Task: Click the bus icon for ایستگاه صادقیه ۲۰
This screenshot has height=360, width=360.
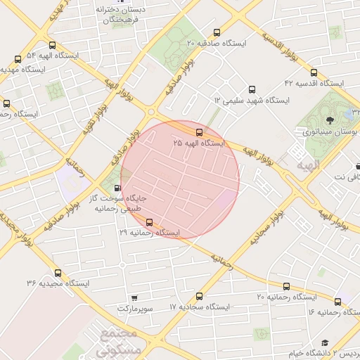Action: (216, 32)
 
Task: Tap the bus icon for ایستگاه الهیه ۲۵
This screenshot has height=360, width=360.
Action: (199, 131)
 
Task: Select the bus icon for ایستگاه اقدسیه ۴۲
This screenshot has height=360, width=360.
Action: (314, 72)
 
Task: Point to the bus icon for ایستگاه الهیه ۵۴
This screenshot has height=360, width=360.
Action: (18, 59)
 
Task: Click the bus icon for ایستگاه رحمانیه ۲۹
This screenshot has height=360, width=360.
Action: (148, 222)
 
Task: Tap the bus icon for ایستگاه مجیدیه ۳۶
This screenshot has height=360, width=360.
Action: (58, 273)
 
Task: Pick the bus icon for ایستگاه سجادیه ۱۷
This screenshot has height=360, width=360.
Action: (200, 297)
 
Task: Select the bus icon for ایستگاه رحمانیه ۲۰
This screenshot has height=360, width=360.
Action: (286, 286)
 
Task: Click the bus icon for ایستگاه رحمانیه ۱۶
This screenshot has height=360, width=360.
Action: (337, 302)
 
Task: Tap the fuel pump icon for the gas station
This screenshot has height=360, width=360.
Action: (117, 188)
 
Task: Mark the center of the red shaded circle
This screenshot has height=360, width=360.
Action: (180, 180)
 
